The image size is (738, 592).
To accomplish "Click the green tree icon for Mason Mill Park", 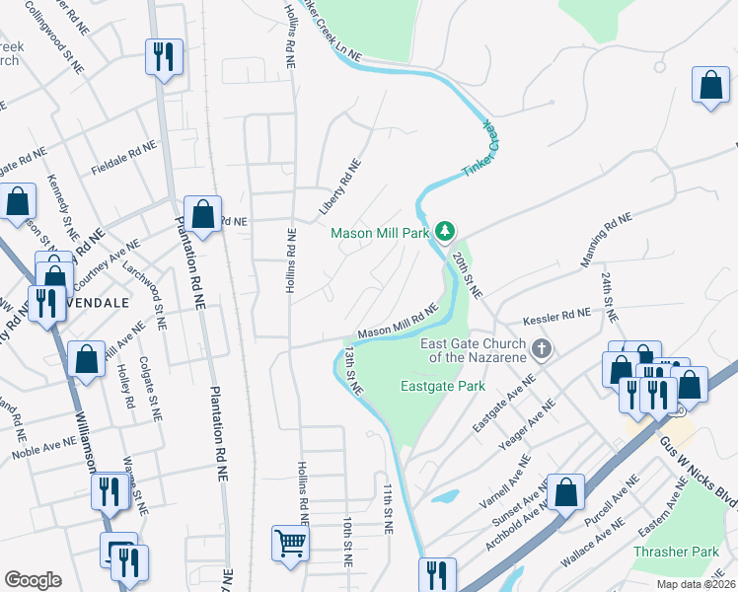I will coord(446,231).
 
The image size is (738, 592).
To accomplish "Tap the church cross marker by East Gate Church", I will coord(541,348).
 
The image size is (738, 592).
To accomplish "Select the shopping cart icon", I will coord(290,542).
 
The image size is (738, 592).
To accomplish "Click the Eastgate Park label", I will coord(444,386).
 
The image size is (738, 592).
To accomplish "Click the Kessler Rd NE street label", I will coord(555,317).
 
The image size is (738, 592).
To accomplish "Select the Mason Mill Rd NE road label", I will coord(398,325).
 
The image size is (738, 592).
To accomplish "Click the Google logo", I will coord(33,580).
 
